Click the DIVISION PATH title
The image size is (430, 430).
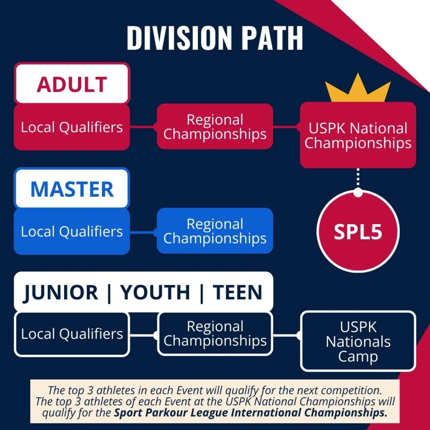(x=215, y=38)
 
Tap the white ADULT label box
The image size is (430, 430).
(x=72, y=84)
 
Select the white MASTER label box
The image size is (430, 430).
(x=72, y=189)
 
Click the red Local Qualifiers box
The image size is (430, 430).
(x=72, y=127)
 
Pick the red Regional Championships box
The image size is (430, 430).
(x=215, y=127)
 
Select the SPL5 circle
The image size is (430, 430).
(x=358, y=232)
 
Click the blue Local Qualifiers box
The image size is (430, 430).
(x=72, y=231)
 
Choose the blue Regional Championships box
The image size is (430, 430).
(x=215, y=231)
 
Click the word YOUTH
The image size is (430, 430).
(x=155, y=292)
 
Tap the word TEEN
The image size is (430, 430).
(x=238, y=292)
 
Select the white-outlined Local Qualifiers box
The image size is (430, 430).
(x=72, y=334)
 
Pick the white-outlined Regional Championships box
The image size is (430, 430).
(x=215, y=334)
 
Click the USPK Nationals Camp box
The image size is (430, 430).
(x=358, y=341)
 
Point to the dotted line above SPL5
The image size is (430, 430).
(x=358, y=179)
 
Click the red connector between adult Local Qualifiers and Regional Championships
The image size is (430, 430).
(x=143, y=127)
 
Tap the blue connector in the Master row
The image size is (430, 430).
(x=143, y=232)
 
